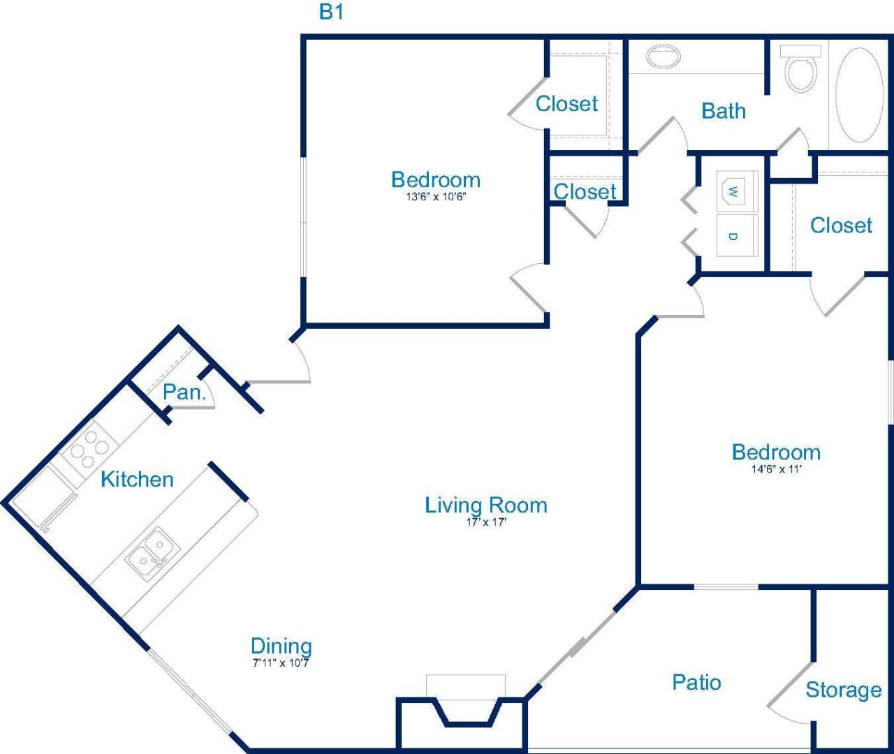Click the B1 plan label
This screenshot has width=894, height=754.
coord(331,13)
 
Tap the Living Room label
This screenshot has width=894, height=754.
coord(485,505)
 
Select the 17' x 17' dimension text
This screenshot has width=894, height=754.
coord(486,522)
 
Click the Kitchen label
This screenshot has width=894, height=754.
coord(137,479)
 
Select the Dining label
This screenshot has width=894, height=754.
coord(281,646)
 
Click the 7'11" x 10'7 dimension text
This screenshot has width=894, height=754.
coord(281,663)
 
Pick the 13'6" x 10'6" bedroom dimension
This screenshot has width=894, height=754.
coord(436,197)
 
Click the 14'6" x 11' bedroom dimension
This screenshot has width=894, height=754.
coord(776,469)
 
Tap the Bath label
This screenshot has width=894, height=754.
coord(724,111)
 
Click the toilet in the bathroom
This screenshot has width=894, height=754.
coord(800,70)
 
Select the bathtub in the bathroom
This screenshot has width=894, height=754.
coord(859,95)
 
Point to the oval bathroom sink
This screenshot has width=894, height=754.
coord(663,57)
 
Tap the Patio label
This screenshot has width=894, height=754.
coord(696,682)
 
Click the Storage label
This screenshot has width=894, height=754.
coord(843,690)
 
